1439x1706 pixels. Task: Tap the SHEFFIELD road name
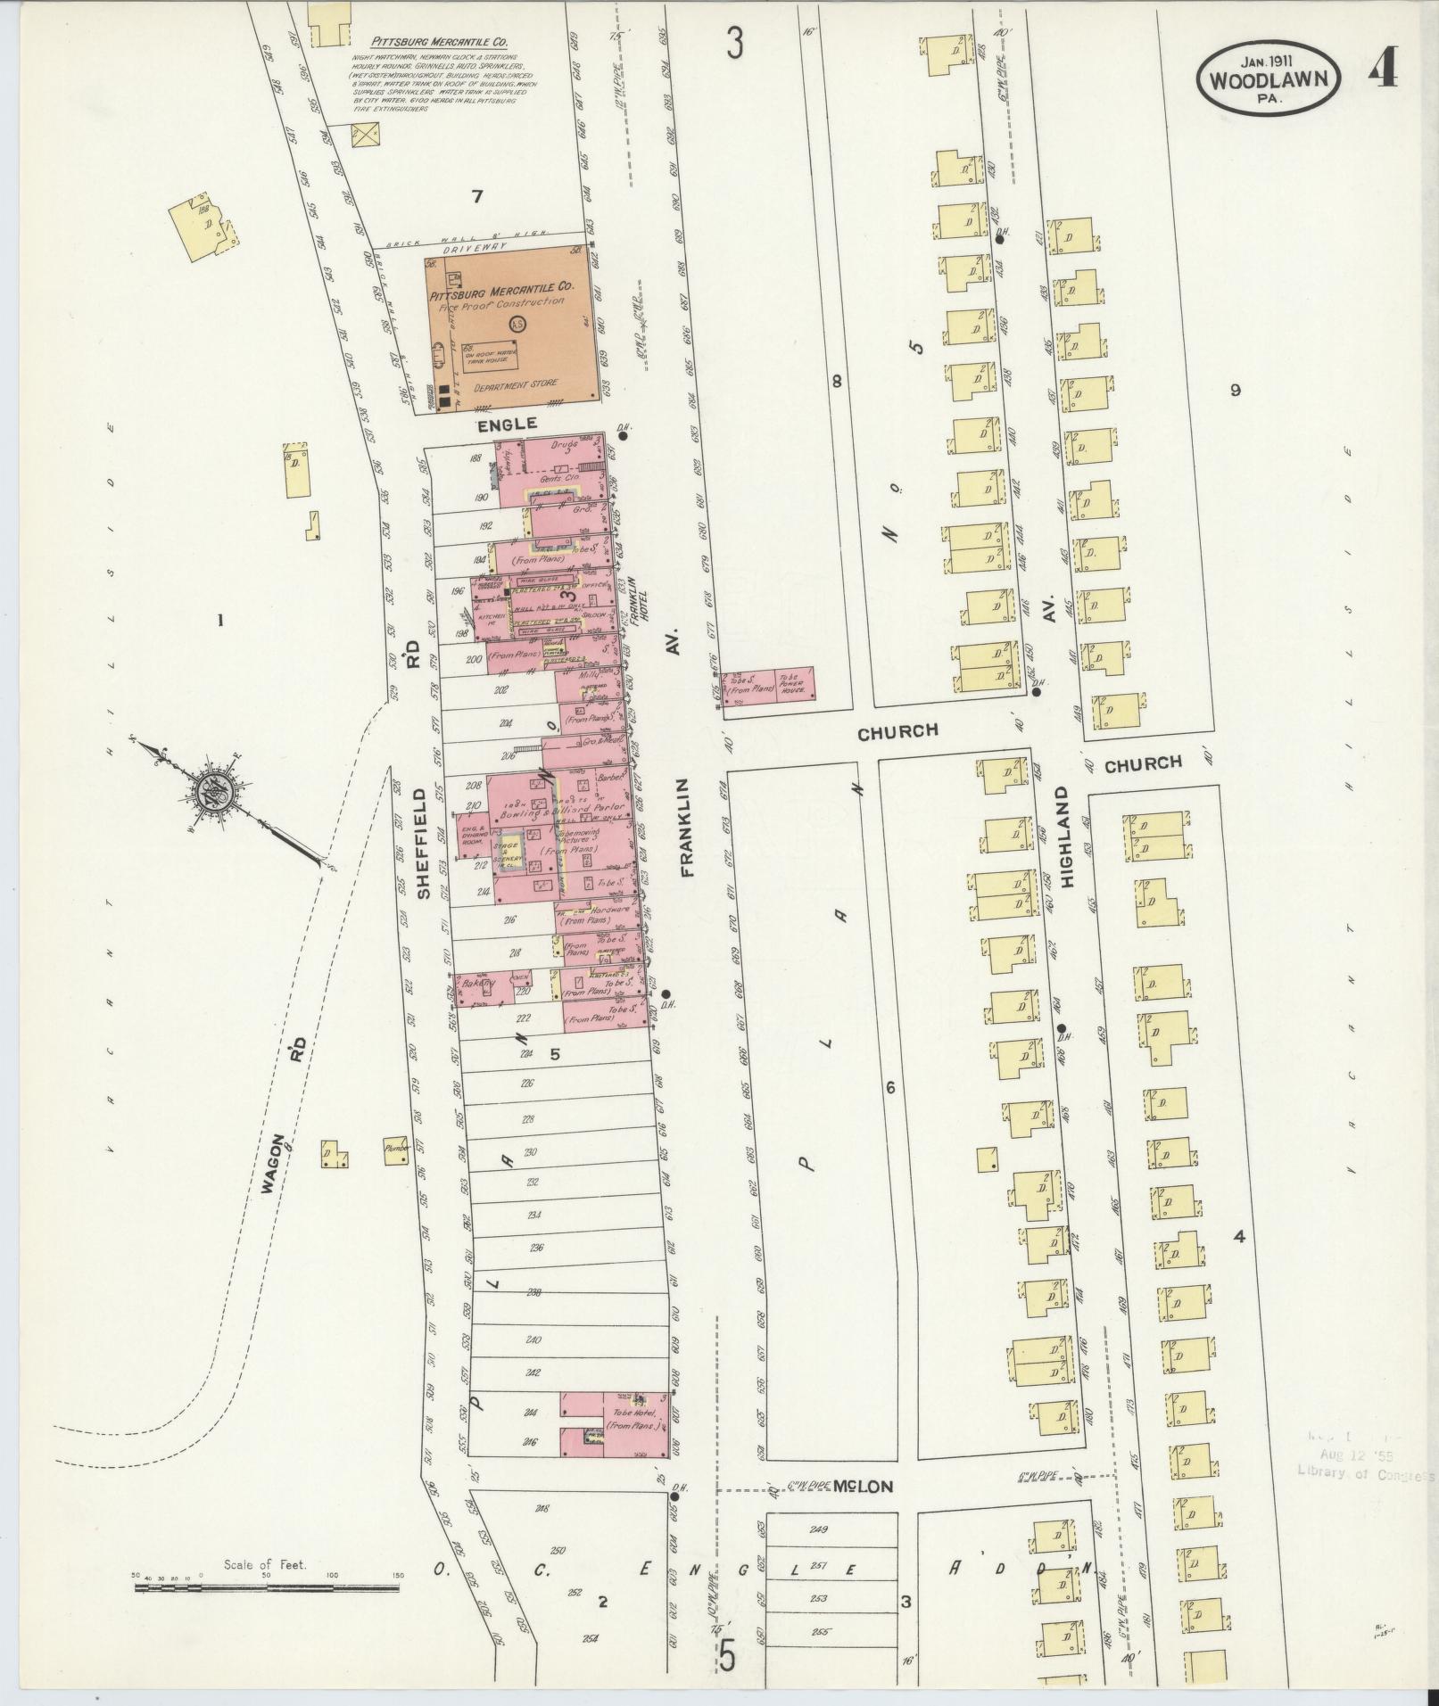425,842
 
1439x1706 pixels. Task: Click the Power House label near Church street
793,688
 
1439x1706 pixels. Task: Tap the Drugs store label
560,443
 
